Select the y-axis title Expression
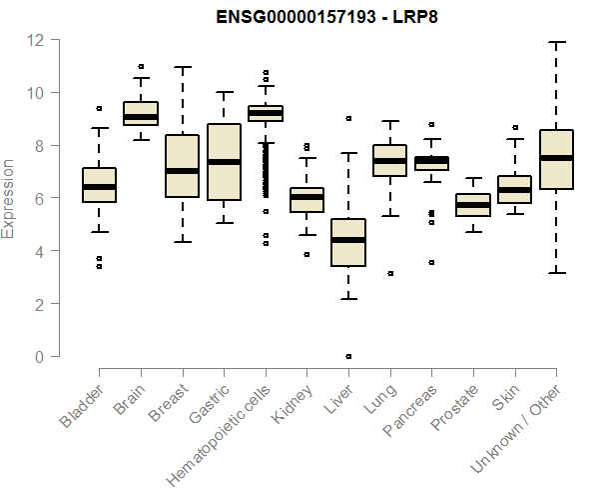(x=9, y=198)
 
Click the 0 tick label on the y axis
(x=41, y=357)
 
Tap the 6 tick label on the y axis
(x=41, y=198)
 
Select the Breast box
(x=182, y=166)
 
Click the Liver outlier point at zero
(x=348, y=356)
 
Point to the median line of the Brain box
(x=141, y=117)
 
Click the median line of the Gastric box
(x=224, y=161)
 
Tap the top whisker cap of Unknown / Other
(x=556, y=43)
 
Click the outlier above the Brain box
(x=141, y=66)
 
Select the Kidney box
(x=306, y=200)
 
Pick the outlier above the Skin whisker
(x=514, y=127)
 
